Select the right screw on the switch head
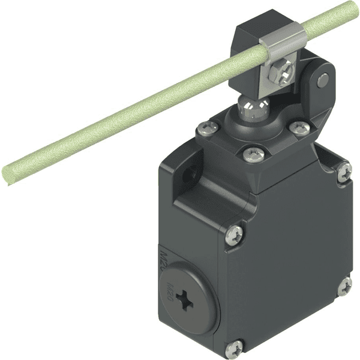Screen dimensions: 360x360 (298, 128)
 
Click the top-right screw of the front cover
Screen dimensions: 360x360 (344, 173)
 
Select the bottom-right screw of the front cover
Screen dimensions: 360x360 (344, 287)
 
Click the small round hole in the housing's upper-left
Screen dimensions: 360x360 (191, 175)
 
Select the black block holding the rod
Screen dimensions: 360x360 (252, 36)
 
